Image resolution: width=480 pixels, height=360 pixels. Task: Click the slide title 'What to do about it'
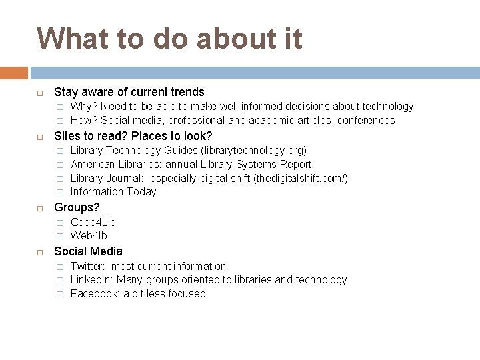coord(169,39)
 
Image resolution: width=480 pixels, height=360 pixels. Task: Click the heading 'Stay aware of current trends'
coord(129,92)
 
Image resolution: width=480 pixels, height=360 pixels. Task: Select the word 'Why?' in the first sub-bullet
coord(82,107)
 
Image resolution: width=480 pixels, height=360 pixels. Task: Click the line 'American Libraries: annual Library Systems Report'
coord(191,165)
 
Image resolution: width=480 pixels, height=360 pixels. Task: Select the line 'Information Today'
coord(113,192)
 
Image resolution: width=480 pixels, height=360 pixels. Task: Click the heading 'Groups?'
coord(76,207)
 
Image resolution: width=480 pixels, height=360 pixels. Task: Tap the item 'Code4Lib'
coord(93,222)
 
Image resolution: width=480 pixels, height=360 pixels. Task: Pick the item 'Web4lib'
coord(89,236)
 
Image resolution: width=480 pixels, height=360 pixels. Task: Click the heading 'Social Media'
coord(88,251)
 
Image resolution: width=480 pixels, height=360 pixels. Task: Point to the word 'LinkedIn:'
coord(93,280)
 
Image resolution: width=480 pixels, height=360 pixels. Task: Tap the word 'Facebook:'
coord(95,294)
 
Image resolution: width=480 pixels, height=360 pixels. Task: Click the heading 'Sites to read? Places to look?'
coord(133,136)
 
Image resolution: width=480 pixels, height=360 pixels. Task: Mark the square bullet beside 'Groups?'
coord(40,208)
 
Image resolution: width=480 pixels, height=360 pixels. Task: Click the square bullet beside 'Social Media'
coord(40,252)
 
